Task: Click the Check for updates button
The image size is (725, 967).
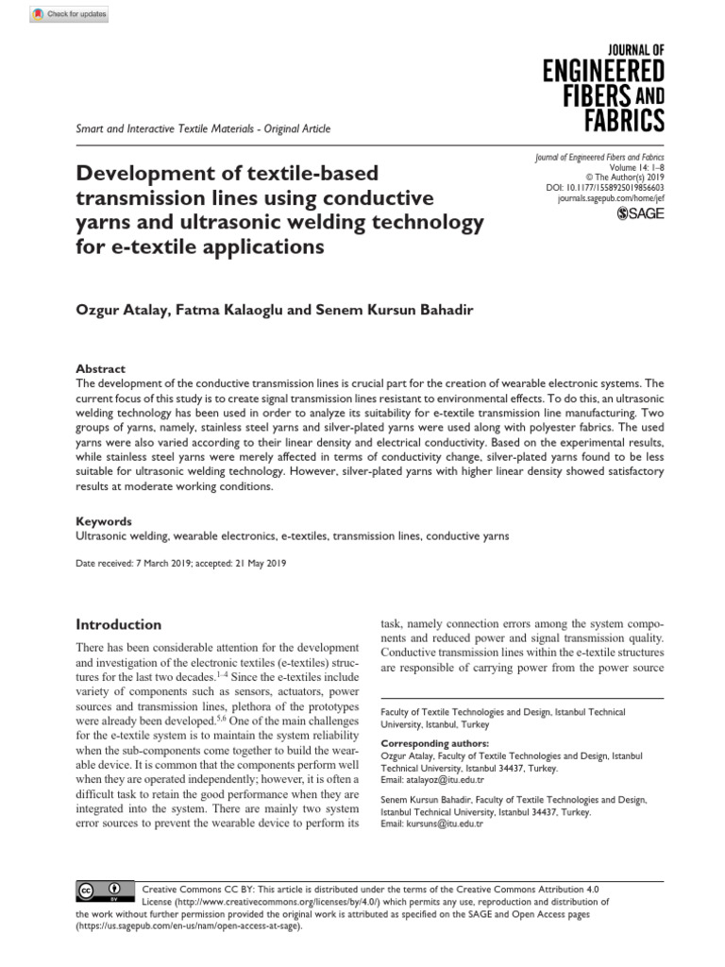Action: point(70,14)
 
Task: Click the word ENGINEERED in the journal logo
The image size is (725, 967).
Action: point(603,72)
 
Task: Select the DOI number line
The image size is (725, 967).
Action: point(605,188)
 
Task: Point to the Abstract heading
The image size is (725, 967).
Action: point(100,368)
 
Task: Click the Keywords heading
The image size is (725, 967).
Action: point(104,521)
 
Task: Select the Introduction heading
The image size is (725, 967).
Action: point(118,624)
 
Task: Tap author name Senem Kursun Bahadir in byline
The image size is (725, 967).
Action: point(409,311)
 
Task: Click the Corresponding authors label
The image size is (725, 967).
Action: point(434,744)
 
